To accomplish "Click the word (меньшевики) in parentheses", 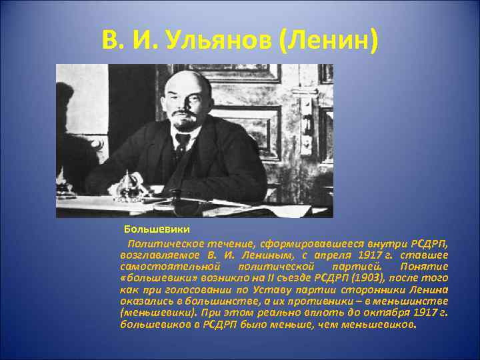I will pos(153,311).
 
